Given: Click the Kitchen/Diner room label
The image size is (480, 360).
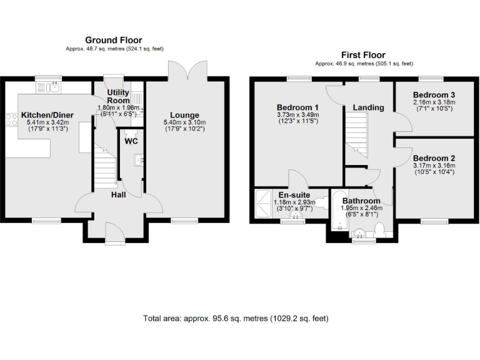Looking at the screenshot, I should click(47, 115).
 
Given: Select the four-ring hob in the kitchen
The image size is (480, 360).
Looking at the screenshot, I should click(11, 120).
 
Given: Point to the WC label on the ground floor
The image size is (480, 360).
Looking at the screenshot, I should click(131, 141).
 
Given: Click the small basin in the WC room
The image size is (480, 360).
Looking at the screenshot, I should click(137, 161).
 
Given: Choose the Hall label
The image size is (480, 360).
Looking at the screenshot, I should click(119, 196).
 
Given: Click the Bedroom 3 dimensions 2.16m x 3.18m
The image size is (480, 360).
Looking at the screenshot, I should click(434, 102).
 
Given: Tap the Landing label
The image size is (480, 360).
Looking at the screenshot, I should click(368, 107).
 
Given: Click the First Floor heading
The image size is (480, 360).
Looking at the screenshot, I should click(363, 55).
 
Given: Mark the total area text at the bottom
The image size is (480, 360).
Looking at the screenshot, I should click(236, 318).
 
